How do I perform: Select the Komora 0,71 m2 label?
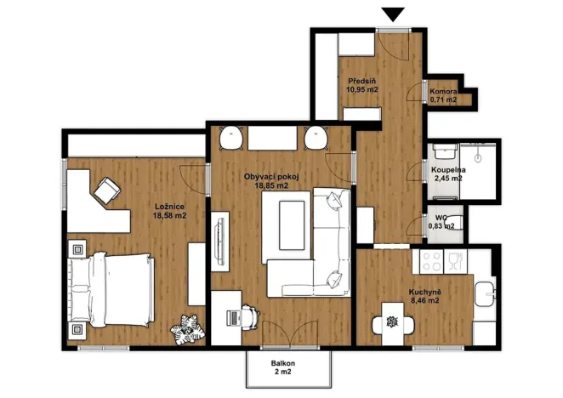(x=443, y=95)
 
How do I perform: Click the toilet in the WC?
(x=455, y=223)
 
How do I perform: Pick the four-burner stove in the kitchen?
(x=431, y=261)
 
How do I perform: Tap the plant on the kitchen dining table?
(x=392, y=321)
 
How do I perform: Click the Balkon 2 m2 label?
(x=283, y=367)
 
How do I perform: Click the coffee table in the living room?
(x=292, y=225)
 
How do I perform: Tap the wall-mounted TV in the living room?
(x=219, y=242)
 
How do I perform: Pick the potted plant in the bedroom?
(x=187, y=329)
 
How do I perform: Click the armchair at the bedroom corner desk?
(x=107, y=190)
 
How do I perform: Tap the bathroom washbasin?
(x=446, y=153)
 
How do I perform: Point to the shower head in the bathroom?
(x=478, y=157)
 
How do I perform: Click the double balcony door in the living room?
(x=290, y=334)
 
